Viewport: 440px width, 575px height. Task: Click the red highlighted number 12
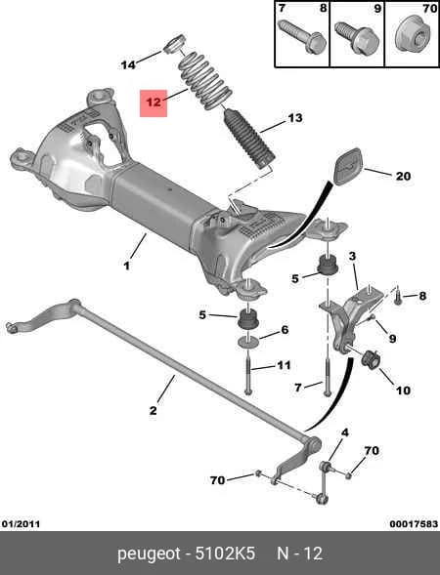pyautogui.click(x=154, y=103)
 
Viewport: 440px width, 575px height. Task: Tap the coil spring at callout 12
pyautogui.click(x=205, y=81)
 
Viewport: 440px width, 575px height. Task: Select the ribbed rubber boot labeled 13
pyautogui.click(x=249, y=139)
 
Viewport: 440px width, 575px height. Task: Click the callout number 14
pyautogui.click(x=128, y=64)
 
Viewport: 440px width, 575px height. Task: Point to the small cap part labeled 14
pyautogui.click(x=174, y=44)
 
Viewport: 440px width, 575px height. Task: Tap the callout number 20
pyautogui.click(x=403, y=177)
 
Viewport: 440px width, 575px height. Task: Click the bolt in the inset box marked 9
pyautogui.click(x=357, y=38)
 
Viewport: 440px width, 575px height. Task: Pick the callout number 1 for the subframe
pyautogui.click(x=126, y=266)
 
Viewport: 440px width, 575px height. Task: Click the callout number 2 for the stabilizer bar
pyautogui.click(x=153, y=410)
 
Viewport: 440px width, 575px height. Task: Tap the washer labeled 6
pyautogui.click(x=248, y=343)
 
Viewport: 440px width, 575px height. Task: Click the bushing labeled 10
pyautogui.click(x=371, y=359)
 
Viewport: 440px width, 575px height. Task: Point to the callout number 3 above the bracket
pyautogui.click(x=353, y=256)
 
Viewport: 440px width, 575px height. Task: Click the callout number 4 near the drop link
pyautogui.click(x=345, y=432)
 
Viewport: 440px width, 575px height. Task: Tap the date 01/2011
pyautogui.click(x=21, y=523)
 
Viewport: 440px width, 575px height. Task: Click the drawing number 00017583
pyautogui.click(x=414, y=523)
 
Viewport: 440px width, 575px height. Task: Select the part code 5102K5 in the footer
pyautogui.click(x=225, y=553)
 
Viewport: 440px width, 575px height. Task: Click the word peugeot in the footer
pyautogui.click(x=150, y=554)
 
